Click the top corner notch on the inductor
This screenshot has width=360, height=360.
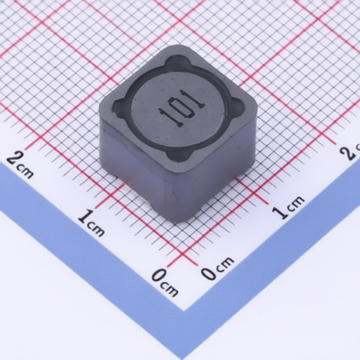(179, 61)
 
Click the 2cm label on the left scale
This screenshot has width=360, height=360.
(20, 164)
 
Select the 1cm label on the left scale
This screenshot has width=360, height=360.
(91, 222)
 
